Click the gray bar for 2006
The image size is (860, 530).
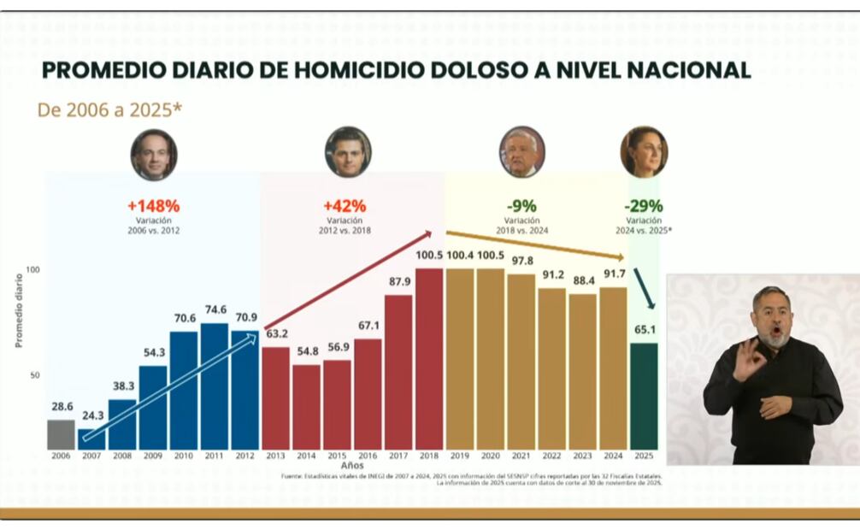[x=61, y=434]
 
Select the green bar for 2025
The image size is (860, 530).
[x=644, y=396]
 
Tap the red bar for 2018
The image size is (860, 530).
[x=429, y=359]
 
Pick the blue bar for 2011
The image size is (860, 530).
[x=214, y=386]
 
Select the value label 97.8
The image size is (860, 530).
[x=521, y=260]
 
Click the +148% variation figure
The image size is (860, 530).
[x=153, y=206]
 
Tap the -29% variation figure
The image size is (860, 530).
[x=643, y=206]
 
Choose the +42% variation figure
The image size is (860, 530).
[x=345, y=206]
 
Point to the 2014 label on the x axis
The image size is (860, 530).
[x=306, y=457]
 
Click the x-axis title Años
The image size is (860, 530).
[x=351, y=466]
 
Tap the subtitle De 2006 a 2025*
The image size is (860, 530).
[x=109, y=109]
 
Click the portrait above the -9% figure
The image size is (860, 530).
[x=521, y=152]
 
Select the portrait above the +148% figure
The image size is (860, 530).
[x=154, y=154]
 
